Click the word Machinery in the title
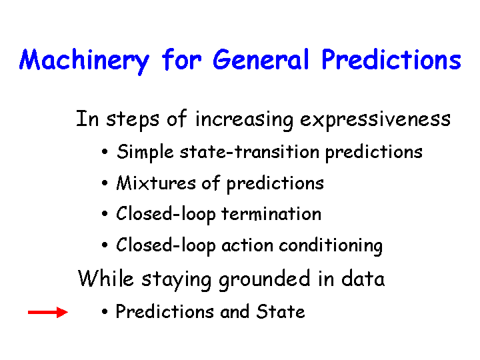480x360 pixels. pos(84,61)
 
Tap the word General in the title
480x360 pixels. pos(261,59)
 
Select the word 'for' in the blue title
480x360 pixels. pos(181,59)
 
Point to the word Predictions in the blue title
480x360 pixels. pos(391,59)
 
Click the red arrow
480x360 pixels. pos(48,312)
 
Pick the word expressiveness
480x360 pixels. pos(375,120)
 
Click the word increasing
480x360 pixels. pos(244,120)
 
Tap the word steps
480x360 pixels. pos(133,120)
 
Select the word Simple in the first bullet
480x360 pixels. pos(145,152)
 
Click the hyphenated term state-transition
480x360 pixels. pos(249,151)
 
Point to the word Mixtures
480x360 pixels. pos(156,183)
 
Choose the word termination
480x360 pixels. pos(271,214)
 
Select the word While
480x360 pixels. pos(106,278)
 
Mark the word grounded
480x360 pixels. pos(265,280)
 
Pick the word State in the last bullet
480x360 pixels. pos(281,311)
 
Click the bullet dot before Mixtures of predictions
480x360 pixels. pos(105,183)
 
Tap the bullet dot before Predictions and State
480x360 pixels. pos(105,312)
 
